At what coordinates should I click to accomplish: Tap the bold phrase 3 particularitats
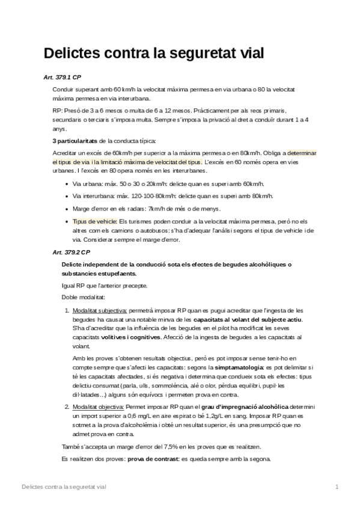(75, 141)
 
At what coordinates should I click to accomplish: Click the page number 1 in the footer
(337, 486)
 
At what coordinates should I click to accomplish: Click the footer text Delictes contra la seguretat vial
(63, 486)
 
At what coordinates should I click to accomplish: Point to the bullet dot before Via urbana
(65, 183)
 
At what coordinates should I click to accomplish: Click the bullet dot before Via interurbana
(65, 196)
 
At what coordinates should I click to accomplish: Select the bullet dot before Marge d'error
(65, 209)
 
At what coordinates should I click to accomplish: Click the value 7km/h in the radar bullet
(156, 209)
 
